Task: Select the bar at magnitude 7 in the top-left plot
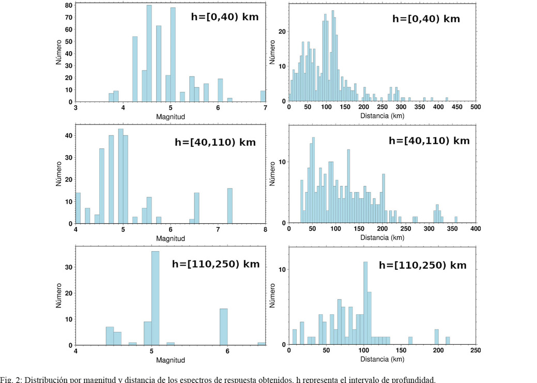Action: pos(263,96)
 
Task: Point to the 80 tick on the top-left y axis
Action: pos(69,5)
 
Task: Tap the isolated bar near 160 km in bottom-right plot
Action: pos(410,341)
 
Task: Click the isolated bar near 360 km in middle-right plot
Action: pos(455,220)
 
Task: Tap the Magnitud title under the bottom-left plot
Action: pos(170,360)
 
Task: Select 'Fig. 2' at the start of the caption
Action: pos(11,379)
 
